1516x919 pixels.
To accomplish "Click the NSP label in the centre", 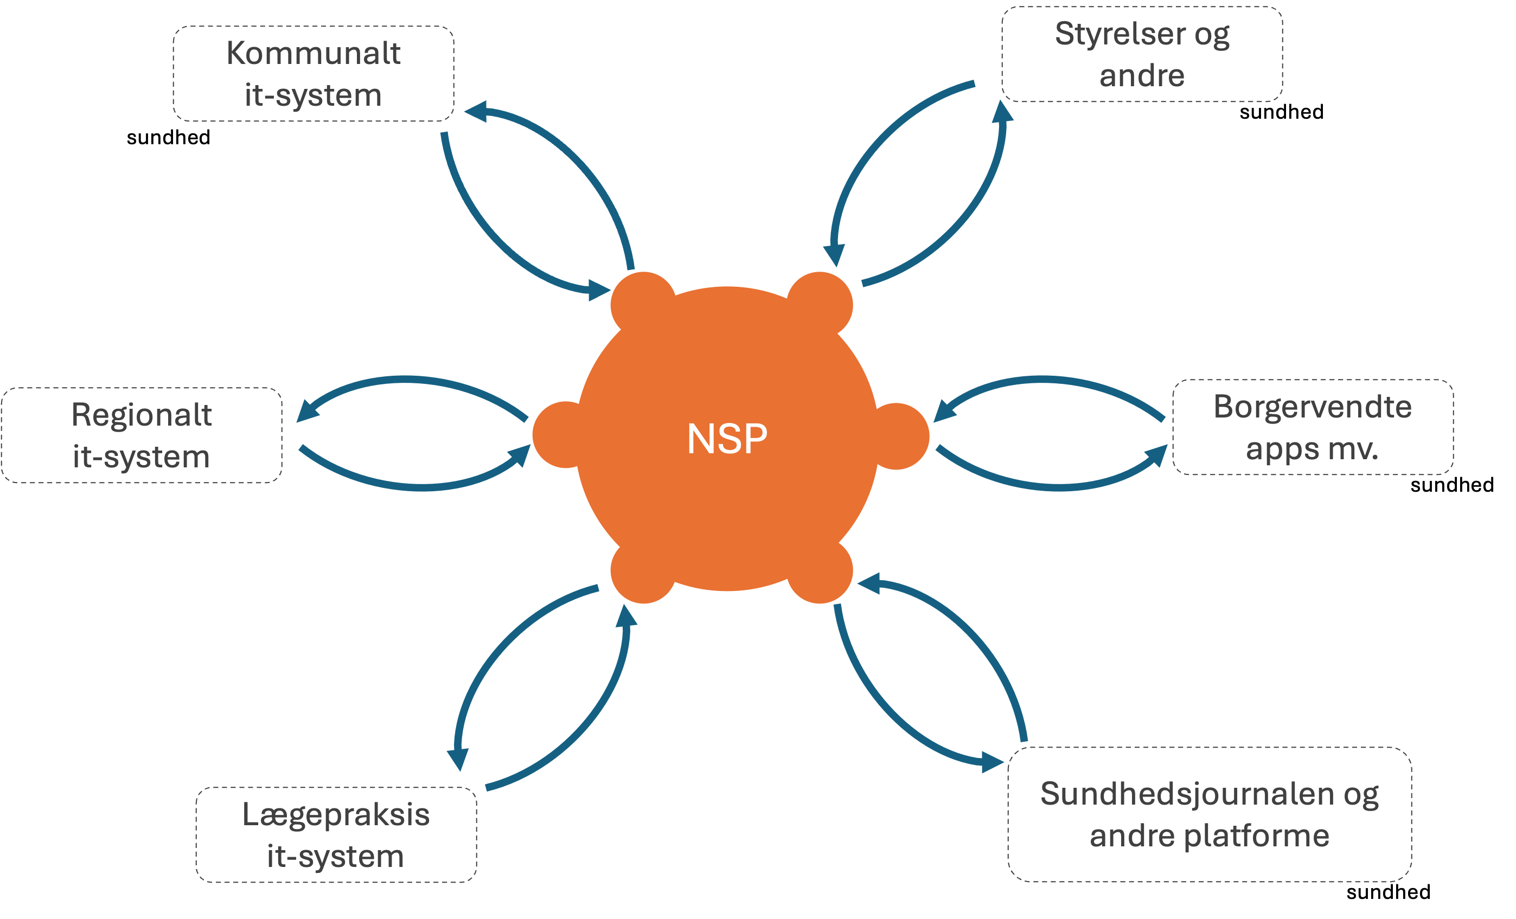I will click(x=727, y=439).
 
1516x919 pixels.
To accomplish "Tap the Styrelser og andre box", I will click(x=1141, y=54).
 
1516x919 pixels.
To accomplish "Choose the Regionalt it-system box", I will click(x=142, y=435).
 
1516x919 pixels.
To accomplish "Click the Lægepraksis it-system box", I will click(x=336, y=835).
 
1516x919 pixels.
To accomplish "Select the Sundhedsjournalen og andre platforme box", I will click(x=1209, y=814).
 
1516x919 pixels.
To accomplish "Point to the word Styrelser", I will click(x=1120, y=33).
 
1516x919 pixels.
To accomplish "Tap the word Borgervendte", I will click(x=1313, y=407).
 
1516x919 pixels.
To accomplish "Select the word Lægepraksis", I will click(x=336, y=814).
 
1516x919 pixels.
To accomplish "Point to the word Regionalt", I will click(x=142, y=415).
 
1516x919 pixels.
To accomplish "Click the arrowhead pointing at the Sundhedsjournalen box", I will click(x=993, y=763).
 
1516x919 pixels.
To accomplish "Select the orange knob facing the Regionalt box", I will click(x=557, y=435).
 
